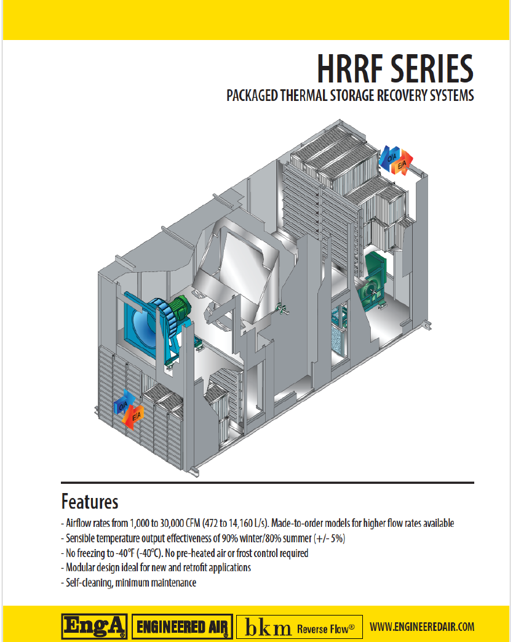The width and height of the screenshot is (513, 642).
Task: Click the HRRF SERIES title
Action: [395, 68]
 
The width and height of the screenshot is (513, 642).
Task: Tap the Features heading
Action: [89, 502]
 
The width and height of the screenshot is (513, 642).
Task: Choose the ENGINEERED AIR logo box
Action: [183, 627]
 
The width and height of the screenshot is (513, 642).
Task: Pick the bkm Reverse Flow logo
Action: [300, 627]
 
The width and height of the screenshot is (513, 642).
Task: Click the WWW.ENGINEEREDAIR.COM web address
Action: [422, 627]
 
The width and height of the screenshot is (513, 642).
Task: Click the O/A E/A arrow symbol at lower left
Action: [129, 410]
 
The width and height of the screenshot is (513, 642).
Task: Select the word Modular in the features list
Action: [82, 568]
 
